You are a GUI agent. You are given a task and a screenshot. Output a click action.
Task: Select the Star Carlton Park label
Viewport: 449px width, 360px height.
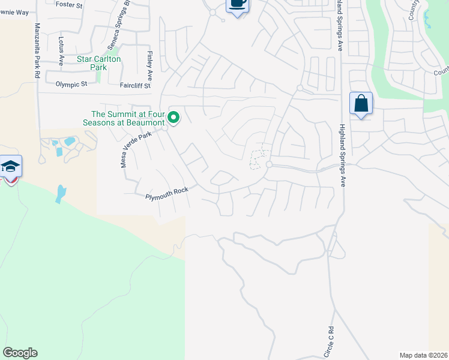pyautogui.click(x=99, y=63)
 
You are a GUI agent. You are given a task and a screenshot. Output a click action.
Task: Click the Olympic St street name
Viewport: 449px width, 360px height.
pyautogui.click(x=71, y=85)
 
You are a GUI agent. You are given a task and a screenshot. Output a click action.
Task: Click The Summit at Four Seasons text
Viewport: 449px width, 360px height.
pyautogui.click(x=127, y=118)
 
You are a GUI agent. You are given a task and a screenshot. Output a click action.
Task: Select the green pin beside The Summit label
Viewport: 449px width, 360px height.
pyautogui.click(x=174, y=118)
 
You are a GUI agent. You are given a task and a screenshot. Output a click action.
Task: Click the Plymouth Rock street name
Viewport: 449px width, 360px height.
pyautogui.click(x=167, y=193)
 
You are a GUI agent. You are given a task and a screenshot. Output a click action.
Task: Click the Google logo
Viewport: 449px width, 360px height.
pyautogui.click(x=20, y=353)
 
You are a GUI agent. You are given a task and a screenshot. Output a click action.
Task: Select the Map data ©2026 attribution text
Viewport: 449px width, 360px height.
pyautogui.click(x=424, y=355)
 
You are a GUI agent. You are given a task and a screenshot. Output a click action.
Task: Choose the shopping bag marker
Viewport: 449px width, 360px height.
pyautogui.click(x=361, y=104)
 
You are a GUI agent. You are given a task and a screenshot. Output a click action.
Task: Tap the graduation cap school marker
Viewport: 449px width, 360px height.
pyautogui.click(x=10, y=167)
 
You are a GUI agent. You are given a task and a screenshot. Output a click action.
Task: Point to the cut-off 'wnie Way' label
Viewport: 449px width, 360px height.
pyautogui.click(x=14, y=12)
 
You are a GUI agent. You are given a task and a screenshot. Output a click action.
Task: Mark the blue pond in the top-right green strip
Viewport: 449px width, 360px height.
pyautogui.click(x=428, y=21)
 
